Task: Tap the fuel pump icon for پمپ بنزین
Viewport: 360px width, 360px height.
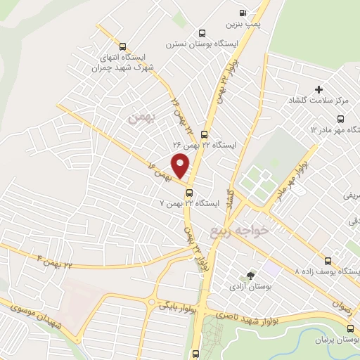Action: coord(243,13)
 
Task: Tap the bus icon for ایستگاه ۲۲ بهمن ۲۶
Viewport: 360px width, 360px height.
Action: coord(204,134)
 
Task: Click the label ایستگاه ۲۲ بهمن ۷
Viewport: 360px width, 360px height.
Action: coord(190,204)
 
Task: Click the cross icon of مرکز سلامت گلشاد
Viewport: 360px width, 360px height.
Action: coord(319,89)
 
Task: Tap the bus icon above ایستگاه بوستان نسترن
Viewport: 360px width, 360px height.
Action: coord(202,32)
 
